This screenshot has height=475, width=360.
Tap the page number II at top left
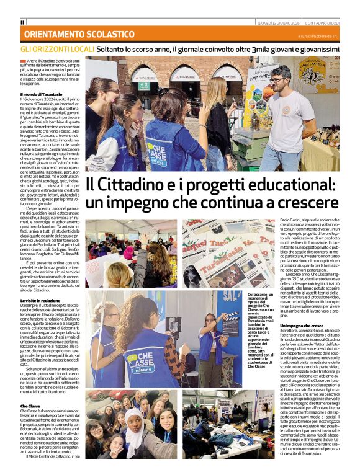click(22, 22)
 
